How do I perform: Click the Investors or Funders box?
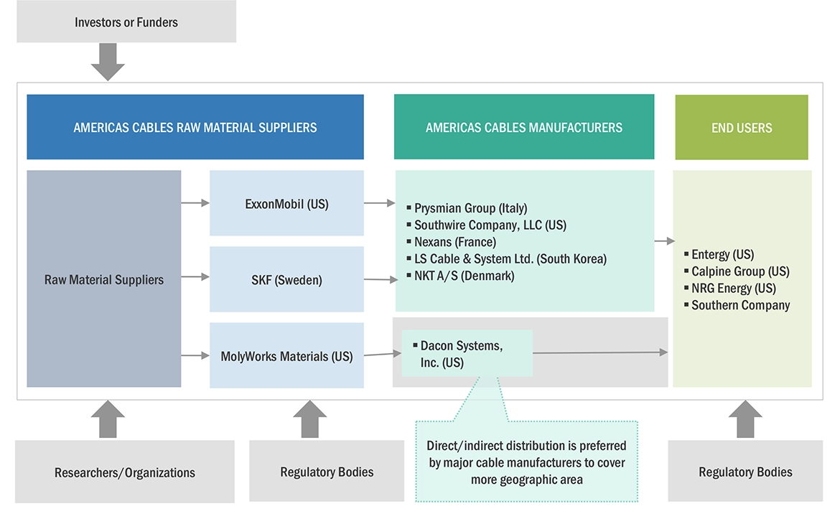tap(126, 22)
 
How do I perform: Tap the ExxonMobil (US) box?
tap(286, 204)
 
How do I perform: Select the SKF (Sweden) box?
tap(286, 280)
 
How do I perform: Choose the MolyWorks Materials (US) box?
tap(286, 356)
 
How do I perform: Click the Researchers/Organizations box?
tap(125, 472)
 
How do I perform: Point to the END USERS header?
tap(742, 128)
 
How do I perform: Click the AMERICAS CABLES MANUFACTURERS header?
tap(524, 128)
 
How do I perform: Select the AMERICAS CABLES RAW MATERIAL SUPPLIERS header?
tap(195, 128)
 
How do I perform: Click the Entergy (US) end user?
tap(722, 254)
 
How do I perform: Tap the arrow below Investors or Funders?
tap(108, 62)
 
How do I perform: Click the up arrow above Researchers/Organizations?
tap(108, 420)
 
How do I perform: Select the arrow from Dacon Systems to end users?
tap(599, 352)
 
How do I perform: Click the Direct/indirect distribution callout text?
tap(526, 462)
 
